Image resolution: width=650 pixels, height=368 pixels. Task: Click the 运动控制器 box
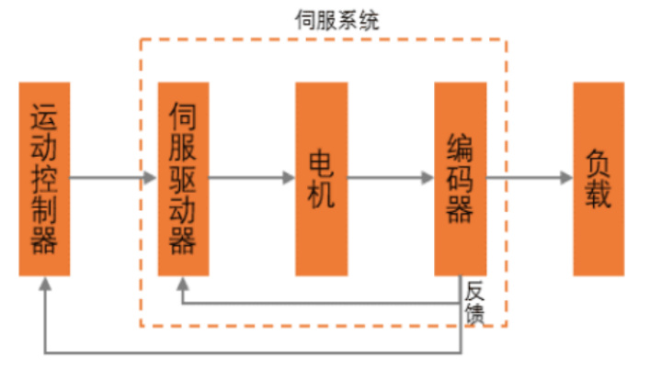point(44,179)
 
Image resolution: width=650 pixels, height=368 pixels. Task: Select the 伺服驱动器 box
point(183,179)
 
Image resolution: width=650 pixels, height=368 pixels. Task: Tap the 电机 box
point(321,179)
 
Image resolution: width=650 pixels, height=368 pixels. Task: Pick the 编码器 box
point(460,179)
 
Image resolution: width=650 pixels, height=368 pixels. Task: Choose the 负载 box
point(599,179)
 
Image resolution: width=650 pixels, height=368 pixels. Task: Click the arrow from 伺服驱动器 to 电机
point(251,179)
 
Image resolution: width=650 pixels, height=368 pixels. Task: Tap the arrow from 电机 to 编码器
point(390,179)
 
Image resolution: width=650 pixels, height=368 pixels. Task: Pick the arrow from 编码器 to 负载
point(529,179)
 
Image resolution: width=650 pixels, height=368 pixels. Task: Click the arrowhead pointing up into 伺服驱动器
point(183,284)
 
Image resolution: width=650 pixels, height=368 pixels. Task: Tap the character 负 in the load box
point(599,163)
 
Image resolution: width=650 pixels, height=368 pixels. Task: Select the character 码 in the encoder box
point(460,179)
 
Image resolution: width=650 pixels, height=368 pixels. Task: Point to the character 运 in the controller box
point(44,117)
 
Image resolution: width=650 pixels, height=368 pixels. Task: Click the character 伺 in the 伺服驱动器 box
point(183,117)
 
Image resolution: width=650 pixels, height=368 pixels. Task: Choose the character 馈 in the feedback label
point(474,314)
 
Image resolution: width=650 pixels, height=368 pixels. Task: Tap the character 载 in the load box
point(599,195)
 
